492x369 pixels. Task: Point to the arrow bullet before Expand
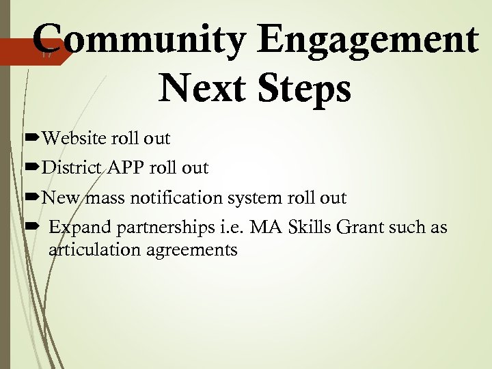32,228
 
